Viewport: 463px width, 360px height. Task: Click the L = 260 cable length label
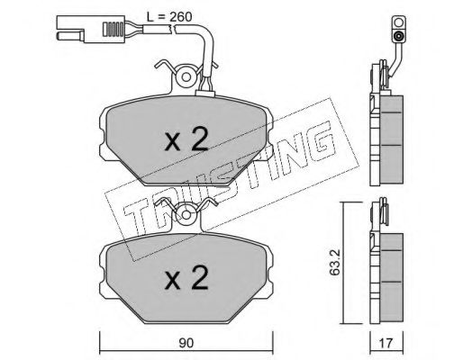pos(169,17)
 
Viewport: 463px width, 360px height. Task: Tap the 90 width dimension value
pos(186,343)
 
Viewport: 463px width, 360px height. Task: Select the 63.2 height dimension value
pos(334,262)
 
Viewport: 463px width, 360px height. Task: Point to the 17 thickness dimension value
pos(386,343)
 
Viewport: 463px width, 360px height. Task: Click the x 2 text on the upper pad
pos(186,139)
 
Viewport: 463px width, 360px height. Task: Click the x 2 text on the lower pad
pos(186,278)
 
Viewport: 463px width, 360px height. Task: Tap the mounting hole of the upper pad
pos(186,77)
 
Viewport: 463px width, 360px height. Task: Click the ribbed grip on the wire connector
pos(113,29)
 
